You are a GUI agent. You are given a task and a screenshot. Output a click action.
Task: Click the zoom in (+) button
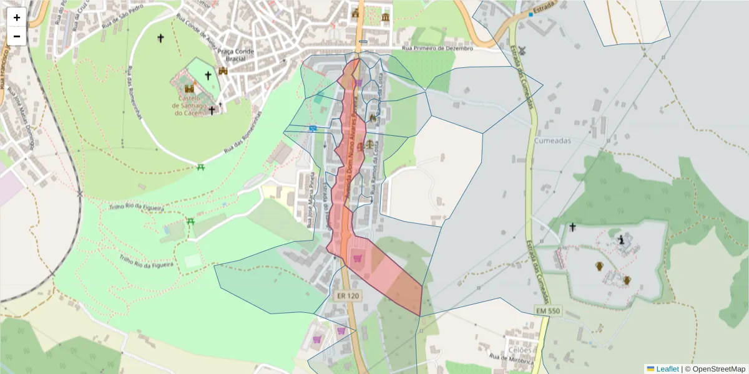click(x=17, y=17)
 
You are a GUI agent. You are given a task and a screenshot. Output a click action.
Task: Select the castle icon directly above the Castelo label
click(x=189, y=89)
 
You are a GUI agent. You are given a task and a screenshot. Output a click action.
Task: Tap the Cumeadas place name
click(x=552, y=141)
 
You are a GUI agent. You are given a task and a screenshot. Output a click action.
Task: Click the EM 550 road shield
click(x=548, y=310)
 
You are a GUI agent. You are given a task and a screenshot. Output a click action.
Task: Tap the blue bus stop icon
click(x=312, y=128)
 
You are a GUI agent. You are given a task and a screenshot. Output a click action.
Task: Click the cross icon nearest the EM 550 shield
click(x=572, y=228)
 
